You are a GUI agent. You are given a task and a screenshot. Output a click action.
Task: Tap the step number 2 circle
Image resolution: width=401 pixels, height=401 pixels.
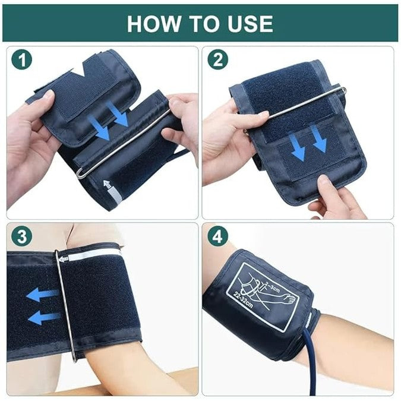coord(217,60)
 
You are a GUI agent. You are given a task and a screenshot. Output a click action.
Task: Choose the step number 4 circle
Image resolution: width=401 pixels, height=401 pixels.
coord(217,237)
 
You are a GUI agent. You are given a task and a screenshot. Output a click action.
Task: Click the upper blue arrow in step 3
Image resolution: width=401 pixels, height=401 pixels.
coord(42,295)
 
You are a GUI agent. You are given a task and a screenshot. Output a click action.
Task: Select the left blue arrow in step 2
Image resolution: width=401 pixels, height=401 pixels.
coord(299,148)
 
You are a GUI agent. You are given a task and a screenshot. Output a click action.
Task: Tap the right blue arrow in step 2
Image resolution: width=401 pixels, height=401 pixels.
coord(319,141)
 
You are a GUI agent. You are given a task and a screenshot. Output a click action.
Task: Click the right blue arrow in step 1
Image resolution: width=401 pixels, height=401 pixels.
coord(120,115)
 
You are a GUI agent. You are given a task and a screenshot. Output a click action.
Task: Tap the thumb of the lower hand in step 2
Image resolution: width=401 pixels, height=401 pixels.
coord(326,185)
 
